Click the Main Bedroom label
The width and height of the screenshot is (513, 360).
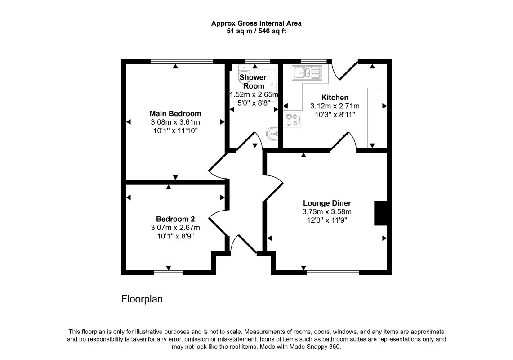tap(175, 114)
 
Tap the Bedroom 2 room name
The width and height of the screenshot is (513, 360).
tap(175, 219)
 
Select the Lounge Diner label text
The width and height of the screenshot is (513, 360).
tap(327, 203)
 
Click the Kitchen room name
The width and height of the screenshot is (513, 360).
tap(335, 98)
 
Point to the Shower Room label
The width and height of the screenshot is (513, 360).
tap(253, 81)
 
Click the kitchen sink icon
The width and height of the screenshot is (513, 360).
tap(307, 73)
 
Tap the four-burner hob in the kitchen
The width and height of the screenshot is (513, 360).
tap(293, 120)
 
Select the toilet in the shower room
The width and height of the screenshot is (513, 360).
tap(244, 70)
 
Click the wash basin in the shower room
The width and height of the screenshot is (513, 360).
tap(272, 133)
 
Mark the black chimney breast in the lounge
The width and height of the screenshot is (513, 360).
tap(380, 213)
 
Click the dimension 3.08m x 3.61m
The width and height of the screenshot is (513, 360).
tap(175, 122)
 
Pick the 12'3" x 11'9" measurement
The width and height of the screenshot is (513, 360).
tap(327, 220)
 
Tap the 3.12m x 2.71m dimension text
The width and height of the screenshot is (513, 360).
tap(335, 106)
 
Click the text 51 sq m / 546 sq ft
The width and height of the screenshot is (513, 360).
tap(256, 31)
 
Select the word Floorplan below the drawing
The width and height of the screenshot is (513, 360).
tap(142, 299)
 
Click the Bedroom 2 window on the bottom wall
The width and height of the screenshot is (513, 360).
tap(168, 273)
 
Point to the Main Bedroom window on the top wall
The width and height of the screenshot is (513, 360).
tap(182, 61)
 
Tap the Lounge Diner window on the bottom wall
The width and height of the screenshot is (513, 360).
tap(333, 273)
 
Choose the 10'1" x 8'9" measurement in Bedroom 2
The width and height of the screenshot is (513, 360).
tap(175, 236)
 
